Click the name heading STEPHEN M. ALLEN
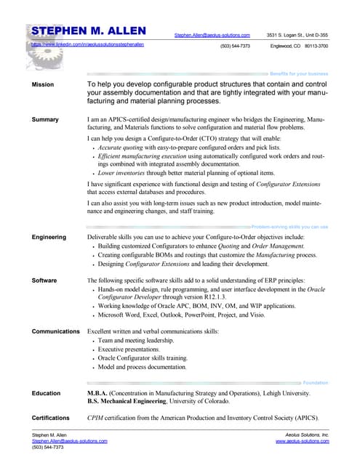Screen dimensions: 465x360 pos(88,31)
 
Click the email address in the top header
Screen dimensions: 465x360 pos(212,35)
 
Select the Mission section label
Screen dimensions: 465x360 pos(43,85)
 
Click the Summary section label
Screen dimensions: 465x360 pos(45,118)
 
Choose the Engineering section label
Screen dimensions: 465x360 pos(49,237)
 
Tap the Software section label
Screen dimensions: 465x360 pos(45,280)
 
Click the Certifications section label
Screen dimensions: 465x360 pos(55,418)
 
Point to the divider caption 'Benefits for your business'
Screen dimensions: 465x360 pos(299,74)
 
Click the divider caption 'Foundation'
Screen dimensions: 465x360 pos(315,382)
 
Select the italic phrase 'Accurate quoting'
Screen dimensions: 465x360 pos(119,147)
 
